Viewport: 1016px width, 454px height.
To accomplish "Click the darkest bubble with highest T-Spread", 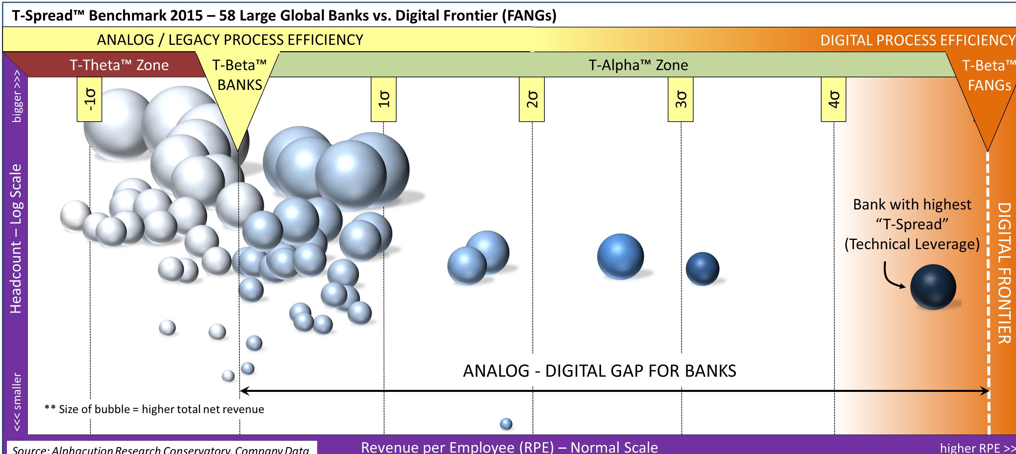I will [x=933, y=287].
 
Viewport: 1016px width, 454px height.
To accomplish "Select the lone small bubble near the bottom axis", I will [x=506, y=424].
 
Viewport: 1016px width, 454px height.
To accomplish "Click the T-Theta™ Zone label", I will [x=119, y=65].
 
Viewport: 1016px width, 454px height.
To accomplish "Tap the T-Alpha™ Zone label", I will [x=638, y=65].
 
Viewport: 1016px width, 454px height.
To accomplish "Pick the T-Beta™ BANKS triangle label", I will [x=239, y=75].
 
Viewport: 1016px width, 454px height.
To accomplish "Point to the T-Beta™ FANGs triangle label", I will [x=989, y=75].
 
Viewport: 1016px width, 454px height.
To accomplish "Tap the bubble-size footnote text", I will [x=154, y=409].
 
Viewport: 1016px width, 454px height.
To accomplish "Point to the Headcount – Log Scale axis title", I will [x=16, y=239].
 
